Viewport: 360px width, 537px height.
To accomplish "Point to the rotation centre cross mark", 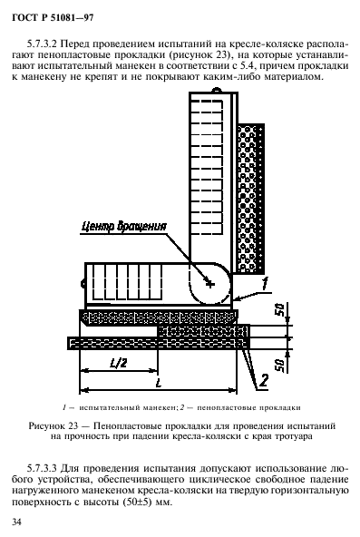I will (x=209, y=284).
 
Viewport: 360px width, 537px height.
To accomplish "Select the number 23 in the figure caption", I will (x=99, y=424).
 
